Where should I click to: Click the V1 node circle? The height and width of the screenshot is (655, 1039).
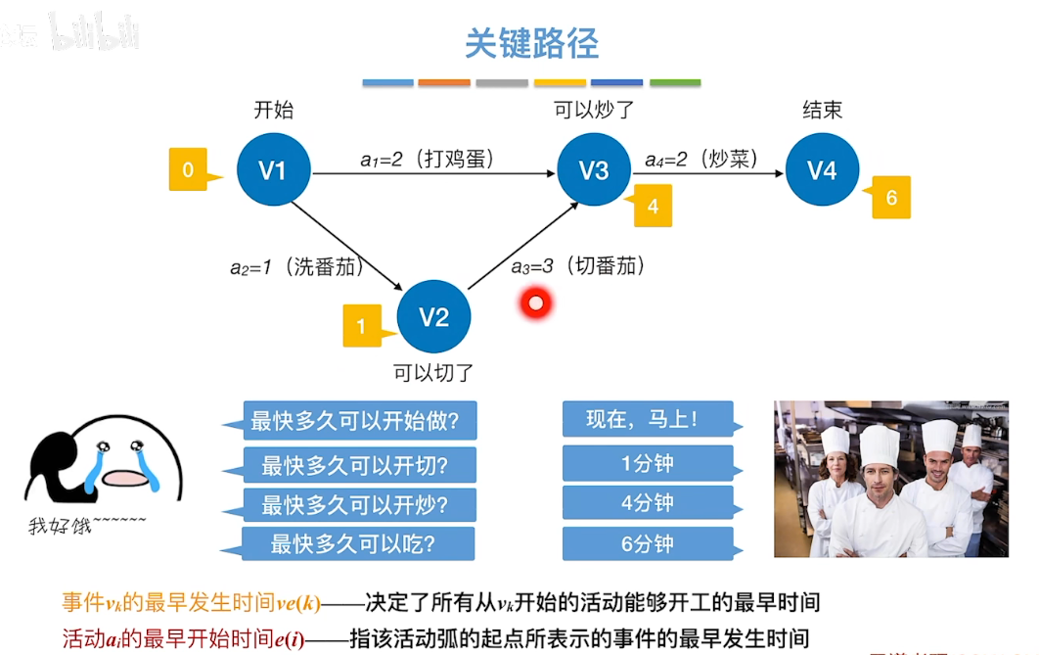tap(273, 170)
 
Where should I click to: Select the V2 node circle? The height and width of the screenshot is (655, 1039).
tap(434, 316)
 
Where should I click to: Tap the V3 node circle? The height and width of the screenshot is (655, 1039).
tap(594, 170)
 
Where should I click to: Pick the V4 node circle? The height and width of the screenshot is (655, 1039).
tap(822, 170)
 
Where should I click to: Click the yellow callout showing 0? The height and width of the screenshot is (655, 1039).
tap(189, 169)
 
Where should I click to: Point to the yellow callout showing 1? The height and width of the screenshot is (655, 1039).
tap(362, 326)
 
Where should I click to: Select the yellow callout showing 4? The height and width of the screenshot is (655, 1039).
tap(653, 207)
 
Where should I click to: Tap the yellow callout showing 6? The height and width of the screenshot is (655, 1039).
tap(890, 198)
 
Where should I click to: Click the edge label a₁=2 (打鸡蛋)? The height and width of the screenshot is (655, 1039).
tap(427, 158)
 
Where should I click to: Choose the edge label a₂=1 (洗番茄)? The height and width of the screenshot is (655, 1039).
tap(296, 266)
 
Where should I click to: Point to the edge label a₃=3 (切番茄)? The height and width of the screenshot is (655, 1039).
tap(577, 265)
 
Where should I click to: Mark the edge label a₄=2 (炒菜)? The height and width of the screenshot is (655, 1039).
tap(700, 158)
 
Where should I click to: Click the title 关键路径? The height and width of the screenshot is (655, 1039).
tap(531, 43)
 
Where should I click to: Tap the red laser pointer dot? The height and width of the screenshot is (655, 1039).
tap(535, 303)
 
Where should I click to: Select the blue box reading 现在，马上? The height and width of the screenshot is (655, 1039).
tap(648, 420)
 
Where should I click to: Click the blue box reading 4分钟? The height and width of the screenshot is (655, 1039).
tap(648, 503)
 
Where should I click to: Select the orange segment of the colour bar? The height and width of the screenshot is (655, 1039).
tap(444, 82)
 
